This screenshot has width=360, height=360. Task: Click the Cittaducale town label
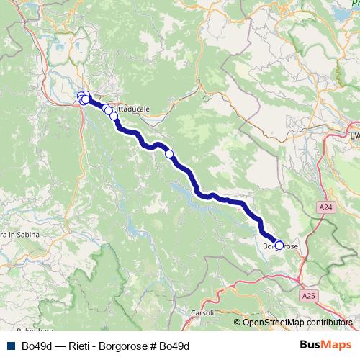pyautogui.click(x=134, y=109)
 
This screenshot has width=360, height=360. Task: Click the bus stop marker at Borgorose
pyautogui.click(x=279, y=245)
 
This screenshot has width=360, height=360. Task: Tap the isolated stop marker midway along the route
pyautogui.click(x=170, y=153)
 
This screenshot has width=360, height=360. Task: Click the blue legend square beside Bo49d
pyautogui.click(x=10, y=346)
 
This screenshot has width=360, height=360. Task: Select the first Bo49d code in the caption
pyautogui.click(x=36, y=346)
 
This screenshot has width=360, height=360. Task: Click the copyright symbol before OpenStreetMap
pyautogui.click(x=238, y=323)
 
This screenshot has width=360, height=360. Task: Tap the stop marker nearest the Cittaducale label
pyautogui.click(x=113, y=115)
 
